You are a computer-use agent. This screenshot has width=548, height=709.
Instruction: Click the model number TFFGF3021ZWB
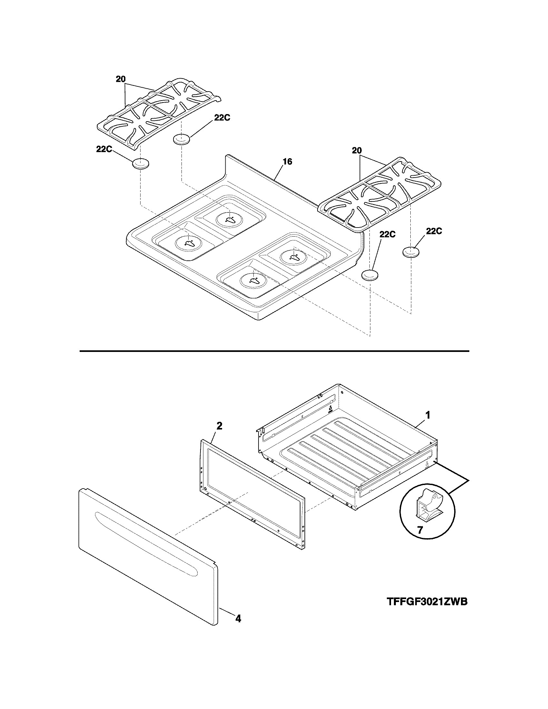click(427, 602)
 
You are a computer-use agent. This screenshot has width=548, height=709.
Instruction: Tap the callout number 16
click(288, 161)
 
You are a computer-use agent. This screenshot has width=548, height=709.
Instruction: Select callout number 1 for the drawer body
click(428, 415)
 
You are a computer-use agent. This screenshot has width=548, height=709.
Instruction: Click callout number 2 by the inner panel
click(220, 426)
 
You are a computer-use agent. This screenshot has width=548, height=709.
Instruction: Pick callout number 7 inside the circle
click(420, 530)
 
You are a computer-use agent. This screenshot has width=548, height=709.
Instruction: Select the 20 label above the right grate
click(357, 151)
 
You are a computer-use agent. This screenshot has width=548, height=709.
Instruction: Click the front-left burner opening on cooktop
click(188, 243)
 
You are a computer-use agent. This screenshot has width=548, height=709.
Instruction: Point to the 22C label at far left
click(104, 149)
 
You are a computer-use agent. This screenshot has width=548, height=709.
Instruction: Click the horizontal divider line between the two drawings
click(274, 351)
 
